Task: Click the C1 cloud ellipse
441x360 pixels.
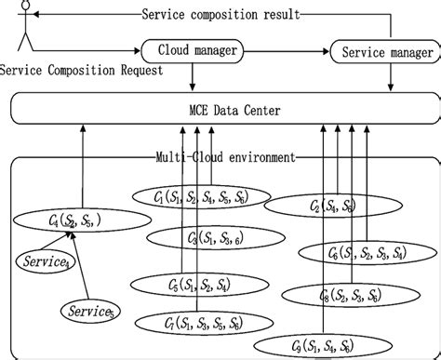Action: pyautogui.click(x=201, y=197)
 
